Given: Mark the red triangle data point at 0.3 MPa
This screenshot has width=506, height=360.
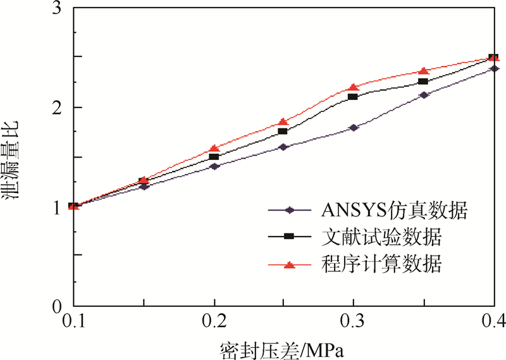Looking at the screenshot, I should pyautogui.click(x=354, y=87).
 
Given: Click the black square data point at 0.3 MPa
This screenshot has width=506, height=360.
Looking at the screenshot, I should pyautogui.click(x=354, y=97).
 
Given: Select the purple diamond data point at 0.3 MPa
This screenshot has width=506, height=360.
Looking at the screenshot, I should pyautogui.click(x=354, y=128).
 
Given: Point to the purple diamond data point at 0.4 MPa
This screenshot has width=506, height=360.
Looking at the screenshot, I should pyautogui.click(x=493, y=68).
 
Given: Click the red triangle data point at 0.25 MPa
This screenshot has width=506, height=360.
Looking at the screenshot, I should pyautogui.click(x=283, y=121).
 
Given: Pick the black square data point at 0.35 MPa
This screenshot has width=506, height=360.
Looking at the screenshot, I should pyautogui.click(x=423, y=82).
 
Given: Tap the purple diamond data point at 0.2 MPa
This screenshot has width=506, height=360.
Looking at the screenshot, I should pyautogui.click(x=214, y=166).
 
